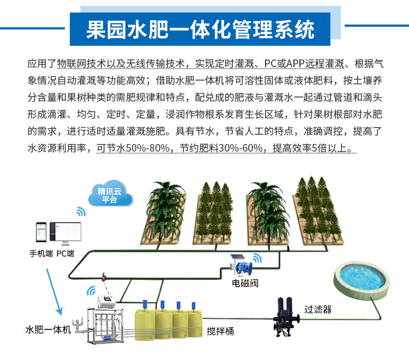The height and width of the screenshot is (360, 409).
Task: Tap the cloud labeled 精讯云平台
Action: point(110,195)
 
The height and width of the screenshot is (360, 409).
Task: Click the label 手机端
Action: point(40,254)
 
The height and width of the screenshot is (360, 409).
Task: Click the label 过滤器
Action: point(318,309)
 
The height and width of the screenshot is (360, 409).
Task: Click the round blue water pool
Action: point(362,278)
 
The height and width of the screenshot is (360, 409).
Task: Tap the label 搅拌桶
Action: point(220,331)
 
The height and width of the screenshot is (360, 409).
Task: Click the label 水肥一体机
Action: point(48,330)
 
